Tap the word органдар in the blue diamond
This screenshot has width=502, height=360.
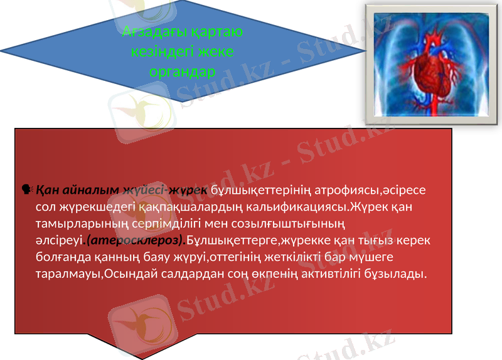click(x=183, y=71)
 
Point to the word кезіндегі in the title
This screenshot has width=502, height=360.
click(x=158, y=51)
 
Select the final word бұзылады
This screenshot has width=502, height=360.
click(x=394, y=274)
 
